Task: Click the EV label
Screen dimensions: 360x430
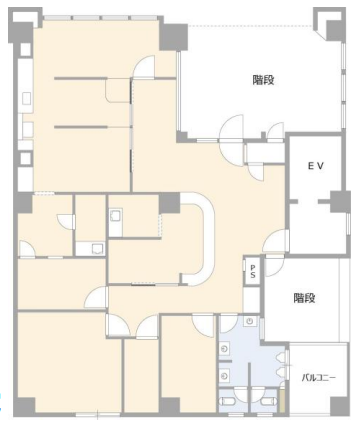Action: pos(315,166)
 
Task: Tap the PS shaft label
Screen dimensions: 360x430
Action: pos(253,271)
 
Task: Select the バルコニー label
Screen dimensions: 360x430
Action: pos(319,378)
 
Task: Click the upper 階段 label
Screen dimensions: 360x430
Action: pos(263,80)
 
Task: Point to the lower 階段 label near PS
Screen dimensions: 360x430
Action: pos(304,298)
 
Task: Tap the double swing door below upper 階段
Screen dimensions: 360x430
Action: pos(232,140)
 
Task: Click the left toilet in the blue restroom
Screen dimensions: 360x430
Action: pos(226,401)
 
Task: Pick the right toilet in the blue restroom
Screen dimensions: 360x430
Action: pos(269,401)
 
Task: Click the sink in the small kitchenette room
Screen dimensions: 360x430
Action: pos(115,216)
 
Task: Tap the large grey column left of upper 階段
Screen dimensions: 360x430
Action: pos(173,37)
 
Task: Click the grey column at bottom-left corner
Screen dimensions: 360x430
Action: pos(25,406)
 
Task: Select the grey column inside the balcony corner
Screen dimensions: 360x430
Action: pos(338,406)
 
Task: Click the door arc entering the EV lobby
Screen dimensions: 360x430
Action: pos(275,241)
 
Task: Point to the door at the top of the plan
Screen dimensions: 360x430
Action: pos(144,67)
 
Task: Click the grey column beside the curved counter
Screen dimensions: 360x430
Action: pos(169,203)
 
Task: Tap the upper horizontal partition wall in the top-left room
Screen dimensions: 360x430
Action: pos(81,79)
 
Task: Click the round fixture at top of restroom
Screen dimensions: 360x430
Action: pos(250,322)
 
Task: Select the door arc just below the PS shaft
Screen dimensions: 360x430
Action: pos(273,267)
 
